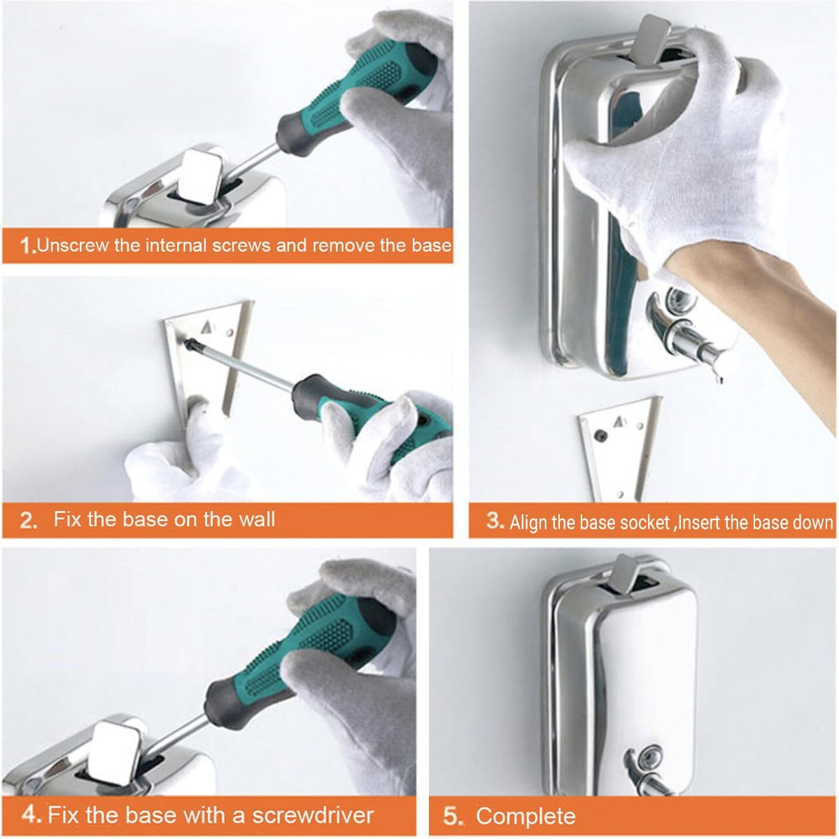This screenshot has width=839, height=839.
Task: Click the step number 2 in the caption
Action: [x=29, y=520]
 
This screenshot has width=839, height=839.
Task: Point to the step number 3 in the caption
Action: [x=495, y=521]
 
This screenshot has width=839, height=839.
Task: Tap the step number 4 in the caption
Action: [x=31, y=815]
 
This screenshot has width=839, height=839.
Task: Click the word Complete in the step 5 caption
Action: [x=526, y=816]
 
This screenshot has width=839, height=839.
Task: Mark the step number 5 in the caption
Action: [x=453, y=816]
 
